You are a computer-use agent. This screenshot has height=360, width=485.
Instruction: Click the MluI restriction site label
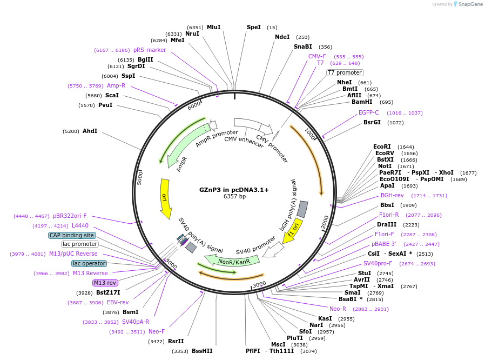click(x=213, y=27)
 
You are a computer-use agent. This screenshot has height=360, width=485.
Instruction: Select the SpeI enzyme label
click(x=253, y=27)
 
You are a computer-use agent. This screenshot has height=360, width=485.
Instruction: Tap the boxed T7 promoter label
click(x=345, y=72)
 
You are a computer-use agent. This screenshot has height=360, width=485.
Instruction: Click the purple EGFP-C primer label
click(x=369, y=112)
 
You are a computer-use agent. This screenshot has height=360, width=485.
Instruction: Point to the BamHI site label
click(x=362, y=102)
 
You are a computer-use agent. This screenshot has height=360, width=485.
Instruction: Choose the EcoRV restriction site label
click(x=385, y=153)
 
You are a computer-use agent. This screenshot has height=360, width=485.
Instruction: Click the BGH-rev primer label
click(x=392, y=195)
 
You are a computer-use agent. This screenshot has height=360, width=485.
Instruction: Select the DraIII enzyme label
click(x=387, y=224)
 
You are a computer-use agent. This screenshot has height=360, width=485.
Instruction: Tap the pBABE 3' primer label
click(x=383, y=244)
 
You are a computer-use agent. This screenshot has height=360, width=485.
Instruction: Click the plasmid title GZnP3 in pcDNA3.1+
click(x=234, y=190)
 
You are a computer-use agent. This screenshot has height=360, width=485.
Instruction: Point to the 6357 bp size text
click(x=234, y=196)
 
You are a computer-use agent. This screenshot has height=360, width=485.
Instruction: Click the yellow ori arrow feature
click(x=165, y=197)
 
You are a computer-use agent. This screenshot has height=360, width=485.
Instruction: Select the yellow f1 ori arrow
click(x=293, y=231)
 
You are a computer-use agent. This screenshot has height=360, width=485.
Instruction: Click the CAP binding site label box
click(x=72, y=235)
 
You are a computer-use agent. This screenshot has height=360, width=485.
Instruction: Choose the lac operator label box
click(x=89, y=263)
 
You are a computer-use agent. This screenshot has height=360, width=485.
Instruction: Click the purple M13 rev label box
click(x=105, y=283)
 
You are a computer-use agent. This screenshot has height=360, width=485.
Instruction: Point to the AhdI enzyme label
click(x=90, y=131)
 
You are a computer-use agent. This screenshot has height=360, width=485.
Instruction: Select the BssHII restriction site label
click(x=202, y=351)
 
